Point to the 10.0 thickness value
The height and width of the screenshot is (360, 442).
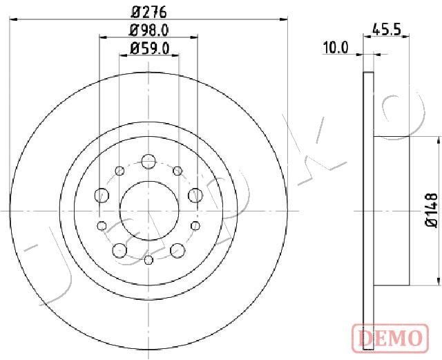pos(336,48)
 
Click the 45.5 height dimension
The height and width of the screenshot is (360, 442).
pos(387,30)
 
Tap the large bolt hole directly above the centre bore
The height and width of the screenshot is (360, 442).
pos(148,162)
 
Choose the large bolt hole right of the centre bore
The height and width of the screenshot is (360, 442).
pos(193,196)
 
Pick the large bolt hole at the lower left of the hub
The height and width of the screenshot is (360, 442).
pos(120,249)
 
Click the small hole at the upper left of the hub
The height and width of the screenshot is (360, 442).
pos(120,170)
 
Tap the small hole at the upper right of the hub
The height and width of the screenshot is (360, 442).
pos(177,170)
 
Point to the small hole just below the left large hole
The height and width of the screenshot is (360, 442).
pos(103,225)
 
